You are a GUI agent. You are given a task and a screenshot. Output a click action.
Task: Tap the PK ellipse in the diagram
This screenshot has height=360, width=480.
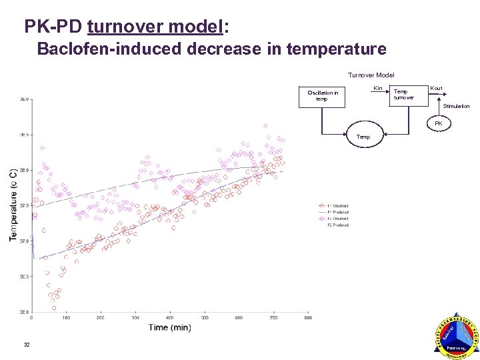pyautogui.click(x=438, y=123)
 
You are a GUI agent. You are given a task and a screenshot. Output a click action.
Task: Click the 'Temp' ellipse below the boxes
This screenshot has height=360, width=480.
pyautogui.click(x=363, y=137)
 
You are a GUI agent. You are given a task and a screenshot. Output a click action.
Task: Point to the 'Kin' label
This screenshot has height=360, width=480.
pyautogui.click(x=377, y=89)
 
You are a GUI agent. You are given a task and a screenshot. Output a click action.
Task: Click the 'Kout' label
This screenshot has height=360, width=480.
pyautogui.click(x=436, y=88)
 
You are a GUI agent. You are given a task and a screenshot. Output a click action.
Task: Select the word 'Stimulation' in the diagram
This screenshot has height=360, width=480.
pyautogui.click(x=456, y=106)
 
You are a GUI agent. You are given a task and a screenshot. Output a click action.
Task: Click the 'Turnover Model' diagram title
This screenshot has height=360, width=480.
pyautogui.click(x=371, y=75)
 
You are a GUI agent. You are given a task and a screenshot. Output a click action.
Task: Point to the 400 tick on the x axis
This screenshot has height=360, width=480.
pyautogui.click(x=170, y=318)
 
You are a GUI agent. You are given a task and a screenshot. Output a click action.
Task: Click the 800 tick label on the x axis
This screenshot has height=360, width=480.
pyautogui.click(x=308, y=318)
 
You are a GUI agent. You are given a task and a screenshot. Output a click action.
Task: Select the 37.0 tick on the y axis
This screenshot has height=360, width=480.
pyautogui.click(x=24, y=241)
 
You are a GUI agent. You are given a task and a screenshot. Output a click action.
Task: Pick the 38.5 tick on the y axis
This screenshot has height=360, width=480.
pyautogui.click(x=24, y=135)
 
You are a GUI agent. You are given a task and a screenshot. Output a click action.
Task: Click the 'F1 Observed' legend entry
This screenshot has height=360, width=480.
pyautogui.click(x=335, y=206)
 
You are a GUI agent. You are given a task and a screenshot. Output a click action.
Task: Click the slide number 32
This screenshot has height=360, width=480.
pyautogui.click(x=27, y=344)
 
